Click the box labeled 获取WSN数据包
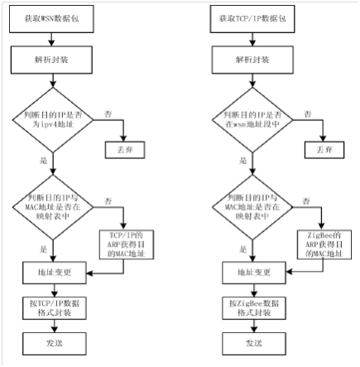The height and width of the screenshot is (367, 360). tap(51, 19)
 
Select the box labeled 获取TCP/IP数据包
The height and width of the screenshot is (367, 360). tap(252, 19)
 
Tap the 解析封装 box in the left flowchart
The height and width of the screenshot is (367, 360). tap(51, 60)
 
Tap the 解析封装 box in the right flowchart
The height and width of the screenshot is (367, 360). tap(252, 60)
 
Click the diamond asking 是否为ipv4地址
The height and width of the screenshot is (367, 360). tap(53, 120)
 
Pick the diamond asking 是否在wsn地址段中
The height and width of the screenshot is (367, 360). tap(252, 120)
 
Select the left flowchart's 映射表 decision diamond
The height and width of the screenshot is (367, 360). tap(53, 207)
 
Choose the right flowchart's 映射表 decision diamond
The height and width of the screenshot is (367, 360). tap(252, 207)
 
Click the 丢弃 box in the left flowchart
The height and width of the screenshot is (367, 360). tap(125, 150)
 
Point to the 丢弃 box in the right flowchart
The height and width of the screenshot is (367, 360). tap(324, 150)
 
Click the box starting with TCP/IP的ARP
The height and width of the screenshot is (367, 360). tap(127, 244)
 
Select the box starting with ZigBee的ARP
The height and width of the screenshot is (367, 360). tap(324, 244)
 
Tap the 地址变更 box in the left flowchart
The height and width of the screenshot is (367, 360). tap(55, 273)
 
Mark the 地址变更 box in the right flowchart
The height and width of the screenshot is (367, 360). tap(254, 273)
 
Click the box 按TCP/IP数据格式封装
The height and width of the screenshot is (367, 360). tap(55, 308)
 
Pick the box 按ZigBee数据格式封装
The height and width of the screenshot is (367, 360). tap(254, 308)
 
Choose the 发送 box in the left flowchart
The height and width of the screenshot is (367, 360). tap(55, 344)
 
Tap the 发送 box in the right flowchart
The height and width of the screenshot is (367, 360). tap(254, 344)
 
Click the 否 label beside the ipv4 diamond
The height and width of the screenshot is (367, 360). tap(108, 113)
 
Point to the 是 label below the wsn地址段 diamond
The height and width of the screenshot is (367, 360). tap(243, 161)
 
